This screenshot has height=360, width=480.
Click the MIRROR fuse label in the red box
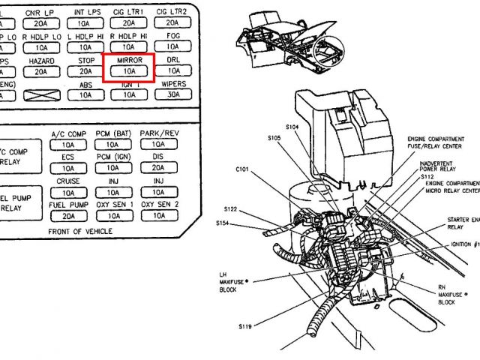click(130, 59)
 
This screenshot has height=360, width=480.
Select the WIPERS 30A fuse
click(173, 95)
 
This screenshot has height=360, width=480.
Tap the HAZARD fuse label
click(41, 59)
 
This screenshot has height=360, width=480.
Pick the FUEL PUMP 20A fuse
click(68, 215)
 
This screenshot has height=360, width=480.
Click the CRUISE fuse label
click(68, 181)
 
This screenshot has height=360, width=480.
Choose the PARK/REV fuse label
click(158, 133)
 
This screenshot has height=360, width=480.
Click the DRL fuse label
click(173, 59)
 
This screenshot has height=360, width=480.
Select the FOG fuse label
click(173, 35)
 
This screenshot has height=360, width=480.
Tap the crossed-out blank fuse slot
click(41, 95)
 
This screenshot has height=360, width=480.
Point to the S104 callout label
click(292, 127)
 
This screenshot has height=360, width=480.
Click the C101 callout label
click(241, 169)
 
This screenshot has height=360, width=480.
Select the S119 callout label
click(246, 328)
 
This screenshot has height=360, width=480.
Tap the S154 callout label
click(223, 223)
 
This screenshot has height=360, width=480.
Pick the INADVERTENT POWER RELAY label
click(439, 166)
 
